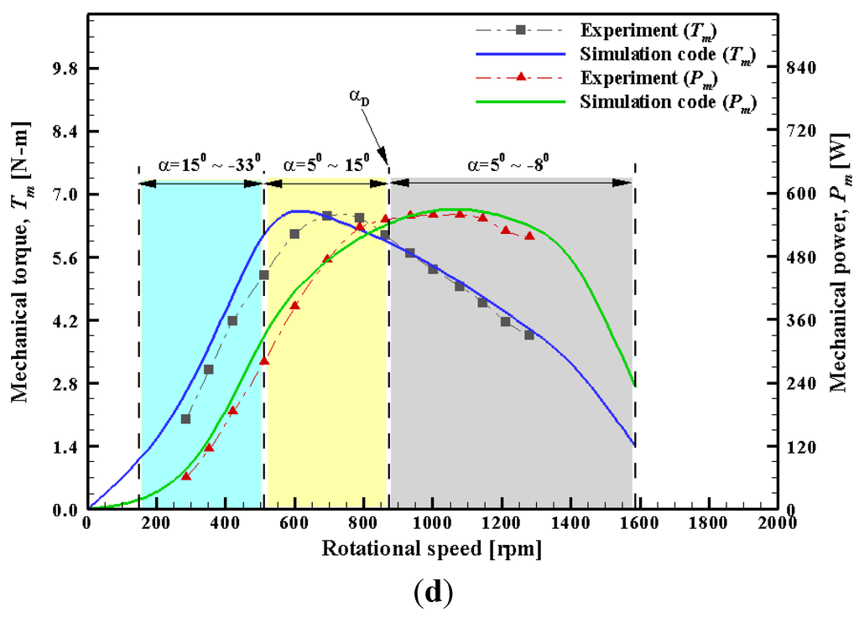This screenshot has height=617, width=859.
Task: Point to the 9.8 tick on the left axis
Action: (64, 68)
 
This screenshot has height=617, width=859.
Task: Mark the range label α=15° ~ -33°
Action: (200, 164)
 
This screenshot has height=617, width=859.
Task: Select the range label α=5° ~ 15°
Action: (325, 164)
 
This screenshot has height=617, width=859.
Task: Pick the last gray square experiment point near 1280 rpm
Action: (529, 334)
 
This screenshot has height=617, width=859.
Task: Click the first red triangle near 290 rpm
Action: (186, 476)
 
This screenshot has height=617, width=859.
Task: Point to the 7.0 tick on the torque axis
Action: (64, 194)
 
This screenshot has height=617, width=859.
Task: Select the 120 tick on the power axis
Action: (798, 447)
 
